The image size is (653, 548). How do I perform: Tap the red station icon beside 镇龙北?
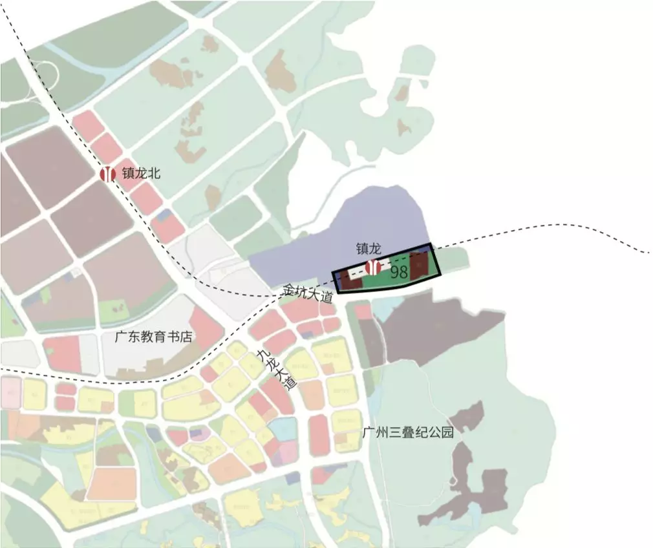click(x=108, y=174)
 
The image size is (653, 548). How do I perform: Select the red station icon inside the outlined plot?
click(x=372, y=266)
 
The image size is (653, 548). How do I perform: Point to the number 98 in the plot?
click(x=399, y=272)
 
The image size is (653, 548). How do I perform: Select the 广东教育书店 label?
click(x=153, y=337)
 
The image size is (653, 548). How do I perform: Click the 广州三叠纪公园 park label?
click(x=408, y=432)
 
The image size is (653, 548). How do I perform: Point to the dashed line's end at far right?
click(x=648, y=252)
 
